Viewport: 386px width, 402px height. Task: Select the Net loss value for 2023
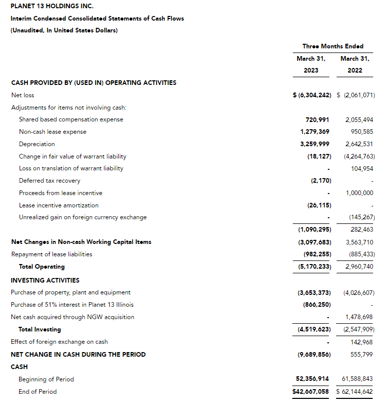(x=312, y=95)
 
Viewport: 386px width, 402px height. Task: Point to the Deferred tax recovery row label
(x=49, y=181)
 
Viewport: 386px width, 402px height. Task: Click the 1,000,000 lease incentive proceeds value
(x=360, y=193)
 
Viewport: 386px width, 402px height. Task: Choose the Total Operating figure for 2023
(x=314, y=267)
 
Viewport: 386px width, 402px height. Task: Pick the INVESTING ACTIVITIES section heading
(x=45, y=281)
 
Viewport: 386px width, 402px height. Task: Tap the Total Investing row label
(x=40, y=329)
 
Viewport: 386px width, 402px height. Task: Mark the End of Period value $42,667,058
(x=311, y=392)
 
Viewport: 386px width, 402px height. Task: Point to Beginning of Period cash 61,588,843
(x=358, y=379)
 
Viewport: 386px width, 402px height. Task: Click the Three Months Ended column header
(x=333, y=46)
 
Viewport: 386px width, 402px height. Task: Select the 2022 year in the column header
(x=355, y=71)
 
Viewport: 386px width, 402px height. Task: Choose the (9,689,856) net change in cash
(x=314, y=355)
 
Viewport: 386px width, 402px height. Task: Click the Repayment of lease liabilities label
(x=51, y=254)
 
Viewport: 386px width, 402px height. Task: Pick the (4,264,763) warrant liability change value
(x=358, y=156)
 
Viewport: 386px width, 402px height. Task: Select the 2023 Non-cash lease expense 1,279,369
(x=314, y=132)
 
